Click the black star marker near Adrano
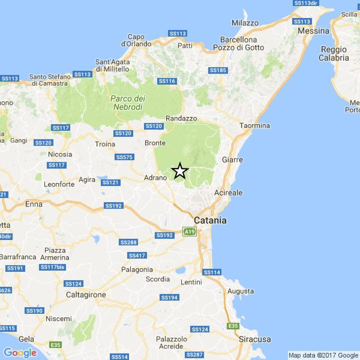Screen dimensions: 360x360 coord(180,171)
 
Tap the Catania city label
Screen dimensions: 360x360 coord(210,220)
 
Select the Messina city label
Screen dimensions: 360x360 coord(313,31)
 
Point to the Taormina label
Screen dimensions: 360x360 coord(255,125)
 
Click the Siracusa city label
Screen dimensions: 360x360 coord(255,339)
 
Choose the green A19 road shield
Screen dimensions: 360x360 coord(190,232)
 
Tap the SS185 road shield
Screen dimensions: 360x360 coord(218,70)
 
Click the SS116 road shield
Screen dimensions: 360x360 coord(167,81)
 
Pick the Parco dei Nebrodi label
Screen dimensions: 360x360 coord(128,103)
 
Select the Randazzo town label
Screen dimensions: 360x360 coord(181,118)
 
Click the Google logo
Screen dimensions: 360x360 coord(20,353)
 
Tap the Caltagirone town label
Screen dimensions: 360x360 coord(86,295)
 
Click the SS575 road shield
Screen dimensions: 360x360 coord(124,157)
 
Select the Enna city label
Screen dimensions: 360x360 coord(34,204)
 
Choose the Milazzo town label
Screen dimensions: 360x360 coord(245,23)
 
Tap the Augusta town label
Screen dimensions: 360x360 coord(241,291)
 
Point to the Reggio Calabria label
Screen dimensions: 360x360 coord(334,54)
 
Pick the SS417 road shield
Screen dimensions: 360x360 coord(137,256)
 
